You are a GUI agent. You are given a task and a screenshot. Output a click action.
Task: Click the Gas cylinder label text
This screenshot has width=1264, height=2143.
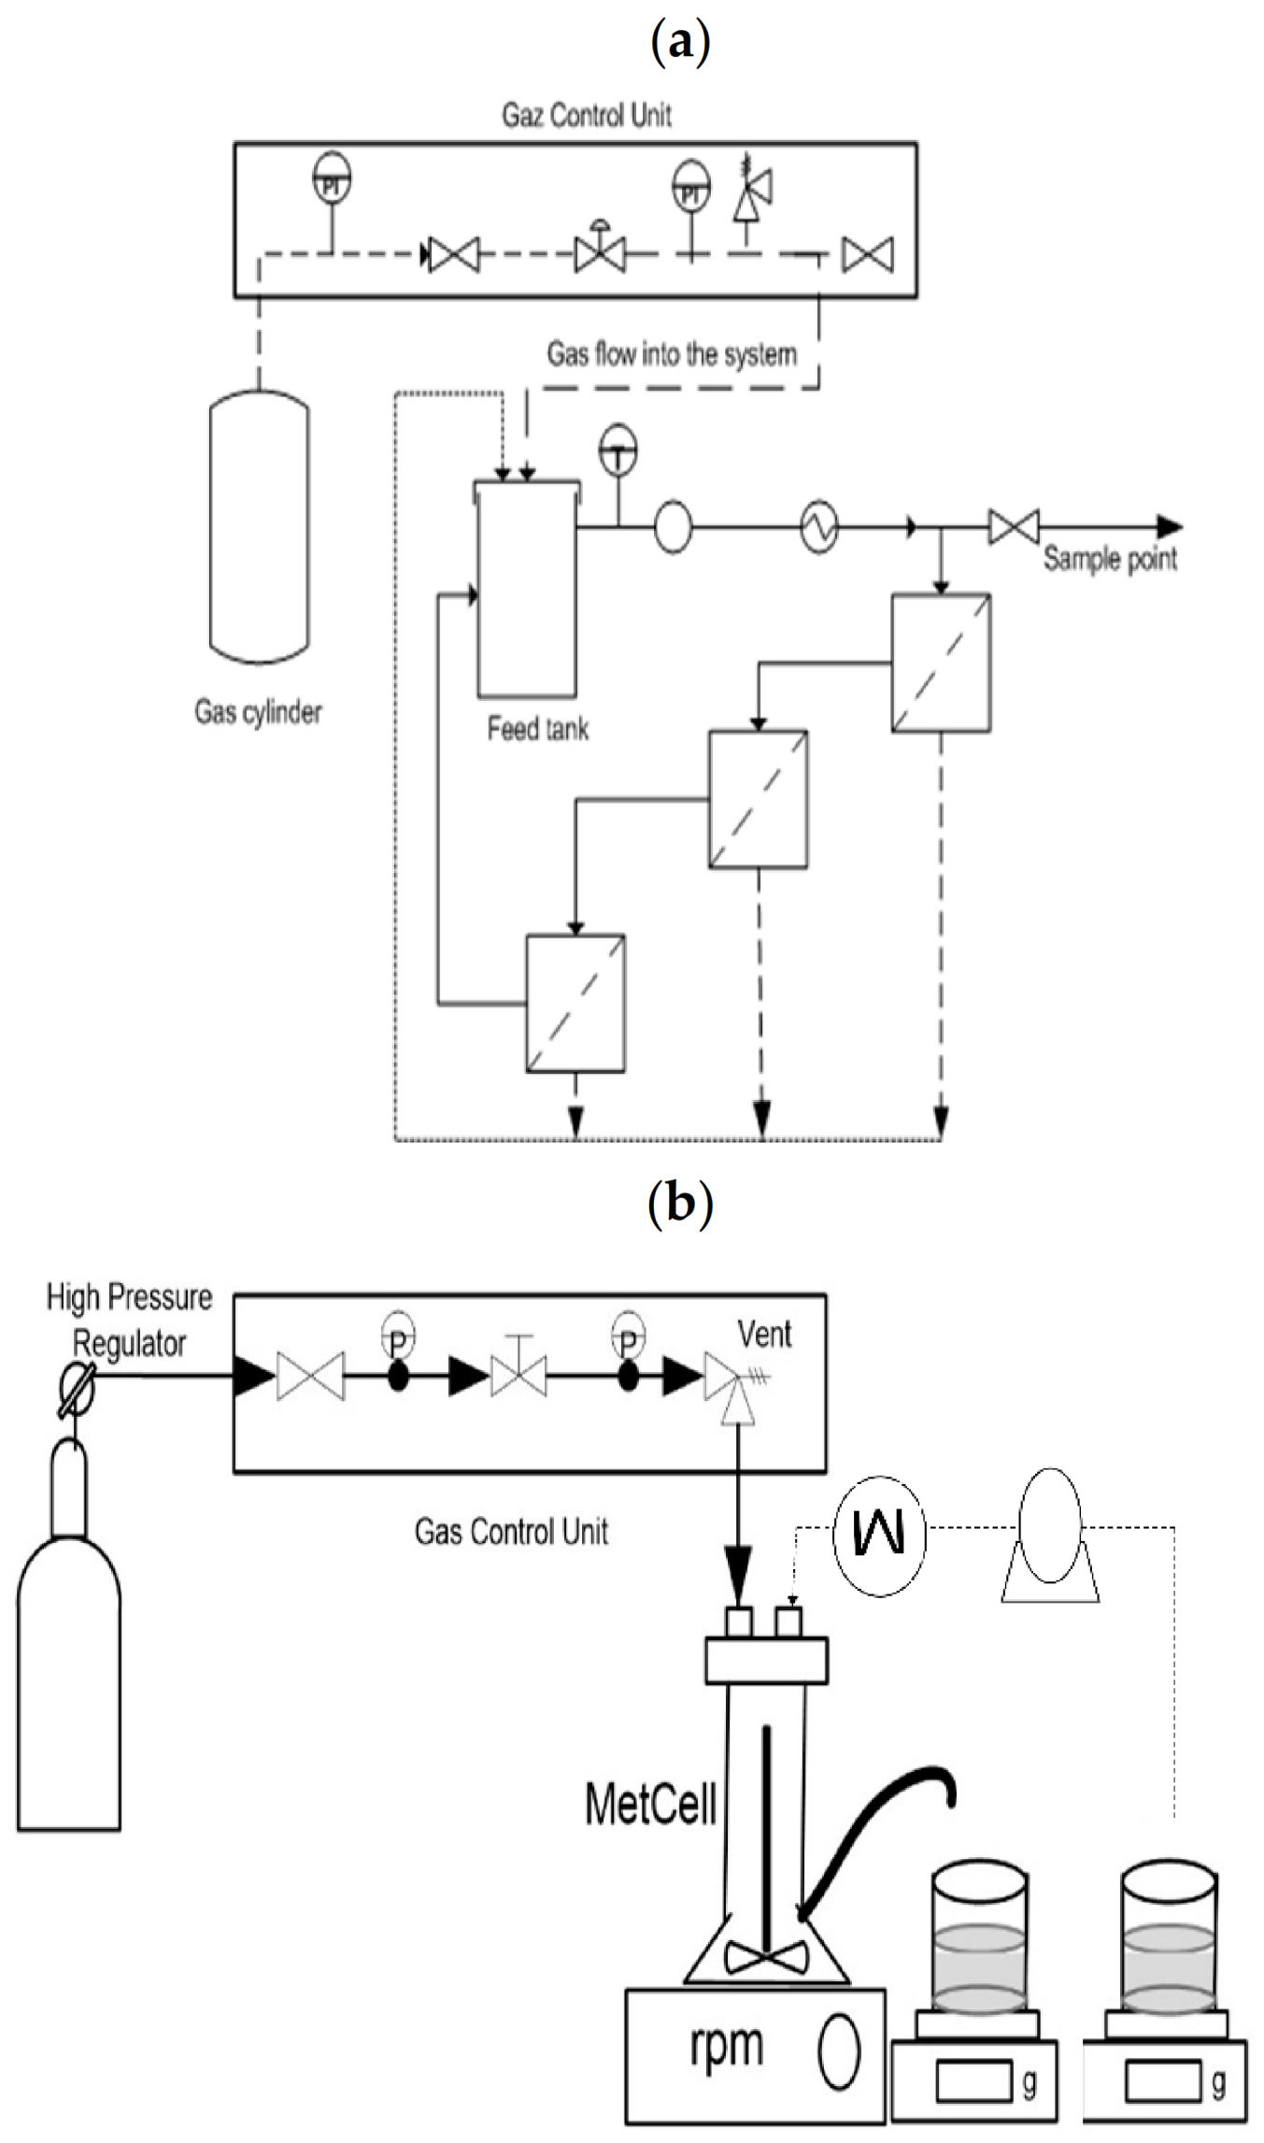[258, 712]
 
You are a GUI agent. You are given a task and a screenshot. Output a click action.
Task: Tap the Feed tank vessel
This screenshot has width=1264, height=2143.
[526, 589]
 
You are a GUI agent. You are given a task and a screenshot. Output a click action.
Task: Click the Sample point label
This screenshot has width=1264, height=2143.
[1110, 559]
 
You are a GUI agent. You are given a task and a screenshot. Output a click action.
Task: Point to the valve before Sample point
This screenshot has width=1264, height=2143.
[1014, 528]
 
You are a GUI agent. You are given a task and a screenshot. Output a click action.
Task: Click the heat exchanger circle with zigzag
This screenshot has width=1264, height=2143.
[819, 528]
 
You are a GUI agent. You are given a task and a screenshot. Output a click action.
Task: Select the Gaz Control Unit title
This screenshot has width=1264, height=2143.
[587, 115]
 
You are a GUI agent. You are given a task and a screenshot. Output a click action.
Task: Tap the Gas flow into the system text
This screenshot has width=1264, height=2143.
[672, 354]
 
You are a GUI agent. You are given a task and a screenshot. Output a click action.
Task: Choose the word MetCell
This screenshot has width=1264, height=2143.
[650, 1803]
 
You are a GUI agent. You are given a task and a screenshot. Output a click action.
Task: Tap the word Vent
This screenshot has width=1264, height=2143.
[764, 1334]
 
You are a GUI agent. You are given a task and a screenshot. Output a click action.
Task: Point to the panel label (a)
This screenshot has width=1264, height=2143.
[680, 43]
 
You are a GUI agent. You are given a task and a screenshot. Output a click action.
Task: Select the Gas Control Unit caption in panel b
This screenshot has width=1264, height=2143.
[511, 1532]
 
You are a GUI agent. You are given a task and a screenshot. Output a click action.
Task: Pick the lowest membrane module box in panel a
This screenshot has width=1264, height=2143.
[575, 1003]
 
